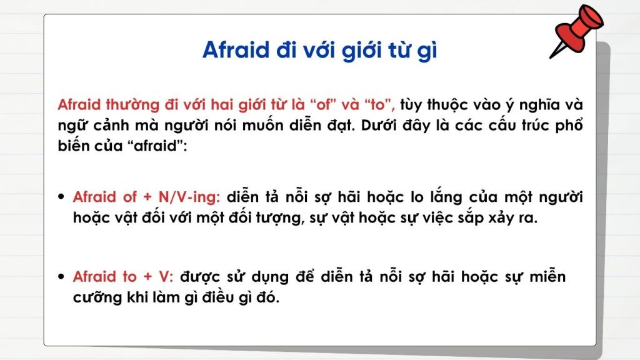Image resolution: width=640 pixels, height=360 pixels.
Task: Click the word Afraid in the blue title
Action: pos(235,51)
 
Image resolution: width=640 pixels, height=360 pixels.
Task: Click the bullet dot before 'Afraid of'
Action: pos(61,197)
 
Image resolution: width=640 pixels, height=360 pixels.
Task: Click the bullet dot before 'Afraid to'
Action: pos(61,276)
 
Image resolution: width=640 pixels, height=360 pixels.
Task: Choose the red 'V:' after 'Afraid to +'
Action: pos(167,276)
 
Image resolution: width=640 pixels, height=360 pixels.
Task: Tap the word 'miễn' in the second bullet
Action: pos(547,276)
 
